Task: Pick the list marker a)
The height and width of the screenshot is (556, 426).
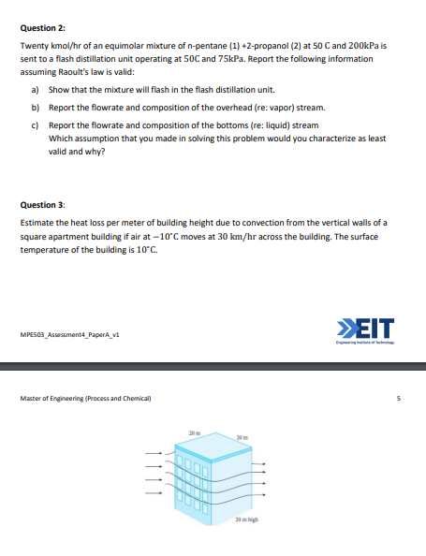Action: (x=36, y=90)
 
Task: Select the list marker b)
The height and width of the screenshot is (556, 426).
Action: (x=36, y=108)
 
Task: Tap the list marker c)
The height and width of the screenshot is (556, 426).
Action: (x=36, y=125)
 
